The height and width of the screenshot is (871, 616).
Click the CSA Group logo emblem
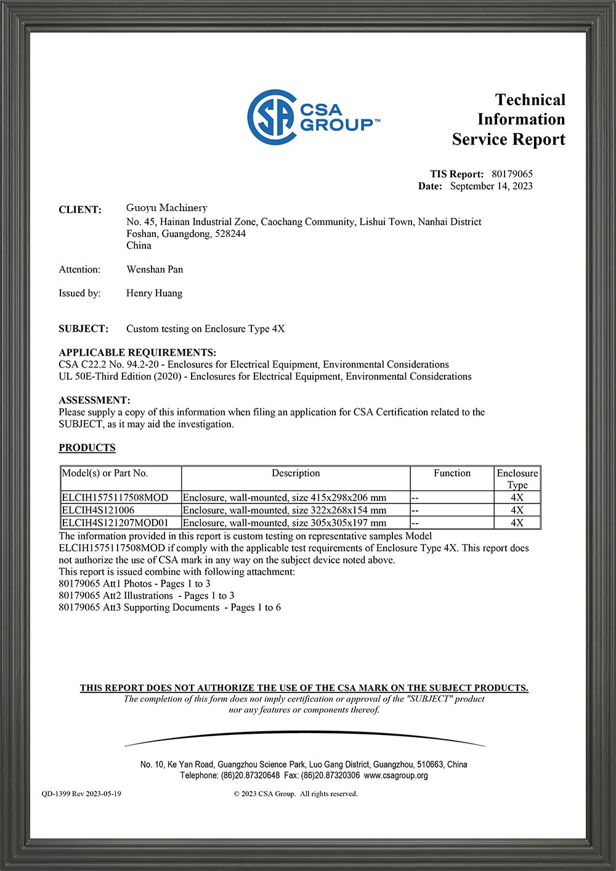click(x=272, y=117)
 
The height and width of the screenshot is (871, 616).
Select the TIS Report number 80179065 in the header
click(x=512, y=174)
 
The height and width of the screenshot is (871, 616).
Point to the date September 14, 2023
click(x=491, y=186)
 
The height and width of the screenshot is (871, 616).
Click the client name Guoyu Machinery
click(x=166, y=208)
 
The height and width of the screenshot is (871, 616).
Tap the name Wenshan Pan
click(x=155, y=269)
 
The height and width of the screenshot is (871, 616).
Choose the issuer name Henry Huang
click(x=154, y=293)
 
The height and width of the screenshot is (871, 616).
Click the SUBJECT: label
click(x=83, y=329)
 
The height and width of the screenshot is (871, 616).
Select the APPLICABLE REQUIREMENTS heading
click(x=137, y=353)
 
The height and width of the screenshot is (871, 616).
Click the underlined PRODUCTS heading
click(x=87, y=448)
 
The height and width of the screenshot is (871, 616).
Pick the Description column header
click(x=296, y=473)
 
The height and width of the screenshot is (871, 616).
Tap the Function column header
click(x=452, y=473)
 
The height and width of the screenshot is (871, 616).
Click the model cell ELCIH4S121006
click(x=98, y=510)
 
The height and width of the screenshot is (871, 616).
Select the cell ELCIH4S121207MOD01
click(x=115, y=523)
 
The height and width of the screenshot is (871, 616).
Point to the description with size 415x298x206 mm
click(x=285, y=497)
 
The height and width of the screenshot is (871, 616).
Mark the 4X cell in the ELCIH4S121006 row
click(x=517, y=510)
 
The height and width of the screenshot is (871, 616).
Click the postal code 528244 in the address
click(x=230, y=234)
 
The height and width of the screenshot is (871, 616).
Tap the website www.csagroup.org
click(x=395, y=776)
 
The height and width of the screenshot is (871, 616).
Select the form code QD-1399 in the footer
click(x=56, y=793)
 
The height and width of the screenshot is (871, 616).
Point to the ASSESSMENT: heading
click(x=94, y=400)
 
